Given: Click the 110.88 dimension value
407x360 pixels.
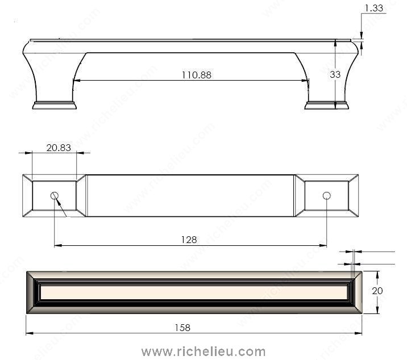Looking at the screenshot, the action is (197, 75).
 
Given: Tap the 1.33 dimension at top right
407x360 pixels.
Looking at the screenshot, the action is (374, 8).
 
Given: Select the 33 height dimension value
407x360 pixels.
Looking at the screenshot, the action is (335, 74).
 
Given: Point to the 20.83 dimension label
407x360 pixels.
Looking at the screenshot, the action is (59, 148).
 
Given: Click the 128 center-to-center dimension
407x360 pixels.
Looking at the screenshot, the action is (189, 240).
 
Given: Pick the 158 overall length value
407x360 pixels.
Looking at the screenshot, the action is (182, 328).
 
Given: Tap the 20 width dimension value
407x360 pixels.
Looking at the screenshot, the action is (377, 291).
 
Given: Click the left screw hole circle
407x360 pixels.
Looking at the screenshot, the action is (55, 195).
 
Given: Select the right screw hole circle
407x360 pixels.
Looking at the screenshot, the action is (326, 195).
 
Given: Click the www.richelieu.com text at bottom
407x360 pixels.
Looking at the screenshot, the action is (204, 351).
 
